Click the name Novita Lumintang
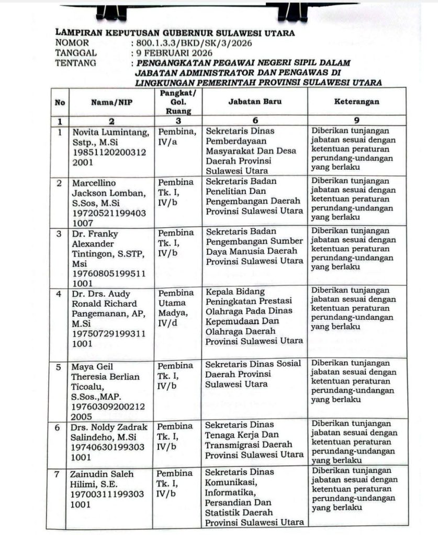tap(111, 131)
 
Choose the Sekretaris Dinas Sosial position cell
tap(253, 374)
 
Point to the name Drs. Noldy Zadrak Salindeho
tap(110, 430)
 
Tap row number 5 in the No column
tap(60, 367)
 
